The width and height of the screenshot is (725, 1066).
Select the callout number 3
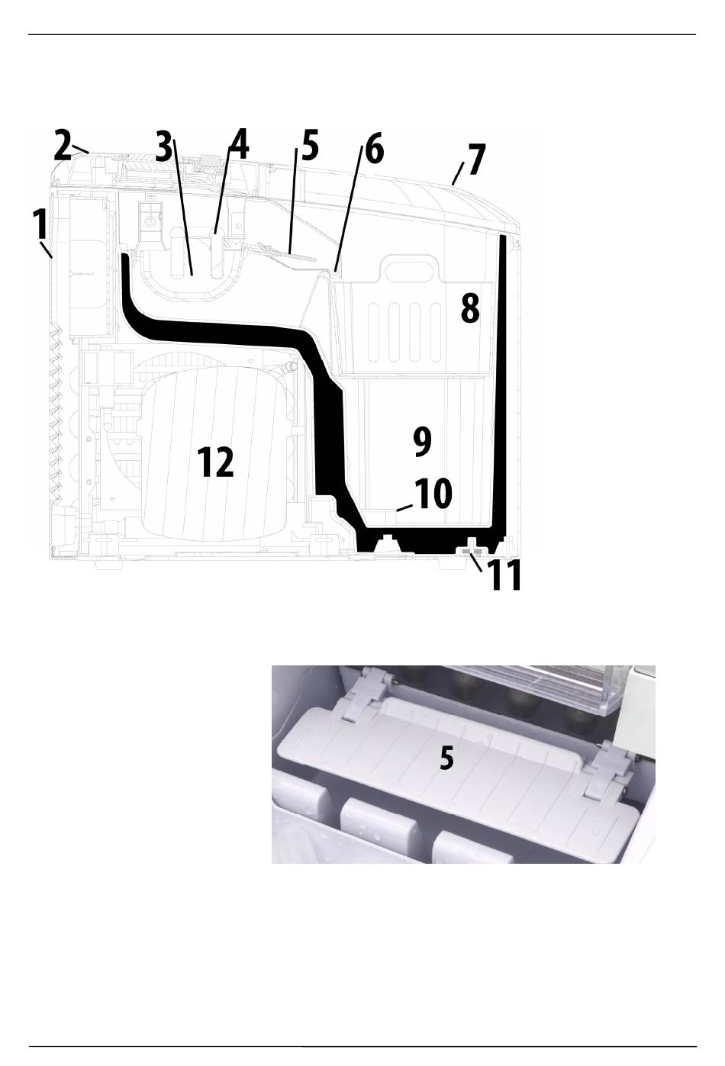point(164,147)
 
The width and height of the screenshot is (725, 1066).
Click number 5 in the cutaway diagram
point(310,146)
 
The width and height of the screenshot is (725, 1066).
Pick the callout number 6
point(375,149)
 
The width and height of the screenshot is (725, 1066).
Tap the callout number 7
point(476,159)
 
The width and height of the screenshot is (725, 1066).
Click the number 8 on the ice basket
point(470,309)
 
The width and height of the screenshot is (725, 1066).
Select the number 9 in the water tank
point(422,442)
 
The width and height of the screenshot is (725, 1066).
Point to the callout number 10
point(433,494)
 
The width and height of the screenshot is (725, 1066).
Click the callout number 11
point(506,575)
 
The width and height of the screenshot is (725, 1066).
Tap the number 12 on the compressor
point(216,462)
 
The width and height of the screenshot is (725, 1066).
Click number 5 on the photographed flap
point(446,758)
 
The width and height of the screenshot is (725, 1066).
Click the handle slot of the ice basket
point(412,271)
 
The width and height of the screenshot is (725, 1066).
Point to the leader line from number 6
point(350,209)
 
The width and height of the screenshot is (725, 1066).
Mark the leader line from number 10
point(404,507)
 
